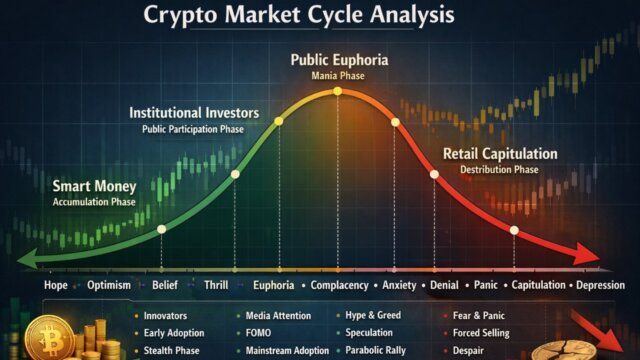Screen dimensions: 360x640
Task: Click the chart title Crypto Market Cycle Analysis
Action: [x=297, y=16]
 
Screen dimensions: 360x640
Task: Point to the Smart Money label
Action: [x=95, y=186]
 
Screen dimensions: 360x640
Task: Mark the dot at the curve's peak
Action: [x=338, y=91]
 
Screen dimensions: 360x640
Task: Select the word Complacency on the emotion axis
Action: [x=331, y=286]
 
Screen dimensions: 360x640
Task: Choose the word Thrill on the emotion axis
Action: [x=211, y=286]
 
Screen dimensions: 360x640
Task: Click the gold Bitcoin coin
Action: [x=46, y=337]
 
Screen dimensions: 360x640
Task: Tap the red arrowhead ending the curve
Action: [x=589, y=258]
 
